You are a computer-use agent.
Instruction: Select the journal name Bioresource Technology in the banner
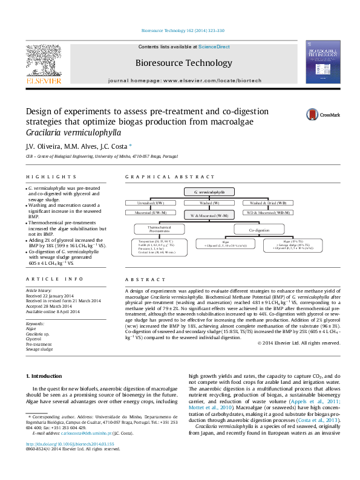point(182,62)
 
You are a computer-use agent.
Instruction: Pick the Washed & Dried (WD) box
point(269,203)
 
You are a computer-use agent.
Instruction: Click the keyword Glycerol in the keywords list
point(33,339)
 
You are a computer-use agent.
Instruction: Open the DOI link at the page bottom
point(59,444)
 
